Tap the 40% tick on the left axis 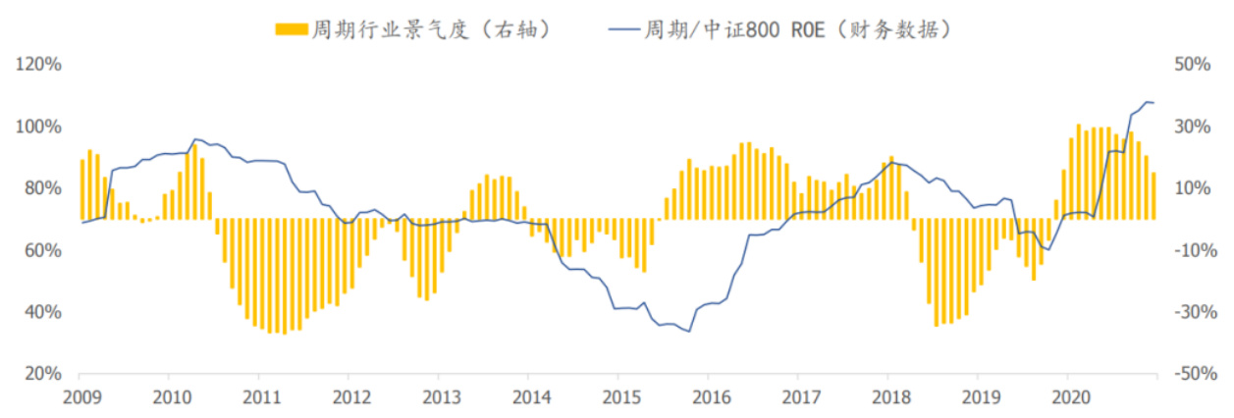coord(38,312)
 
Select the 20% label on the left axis coord(38,374)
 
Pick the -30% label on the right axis coord(1194,312)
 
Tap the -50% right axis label coord(1194,374)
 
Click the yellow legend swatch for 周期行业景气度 coord(291,29)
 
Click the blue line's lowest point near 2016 coord(689,332)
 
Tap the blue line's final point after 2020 coord(1154,103)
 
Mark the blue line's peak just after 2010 coord(195,139)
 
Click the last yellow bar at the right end coord(1154,195)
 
